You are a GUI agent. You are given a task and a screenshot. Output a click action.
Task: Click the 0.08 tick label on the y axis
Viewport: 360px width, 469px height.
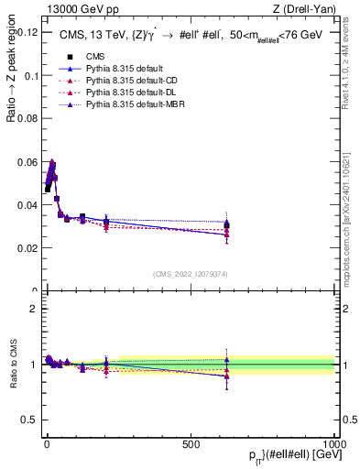click(x=27, y=118)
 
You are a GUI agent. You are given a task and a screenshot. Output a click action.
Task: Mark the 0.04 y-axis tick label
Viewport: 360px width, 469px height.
click(x=27, y=205)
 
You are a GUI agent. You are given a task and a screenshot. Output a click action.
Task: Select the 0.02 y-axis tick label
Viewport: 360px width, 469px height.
click(x=27, y=248)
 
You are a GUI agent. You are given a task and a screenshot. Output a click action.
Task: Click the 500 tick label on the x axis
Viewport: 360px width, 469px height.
click(x=191, y=443)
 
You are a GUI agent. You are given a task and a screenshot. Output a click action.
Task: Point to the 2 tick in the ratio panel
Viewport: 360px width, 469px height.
click(x=33, y=309)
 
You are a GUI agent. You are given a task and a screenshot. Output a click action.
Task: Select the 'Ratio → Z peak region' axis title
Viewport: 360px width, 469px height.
click(x=12, y=92)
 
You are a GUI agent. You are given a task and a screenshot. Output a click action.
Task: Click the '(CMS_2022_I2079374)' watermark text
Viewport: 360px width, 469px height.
click(x=190, y=274)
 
